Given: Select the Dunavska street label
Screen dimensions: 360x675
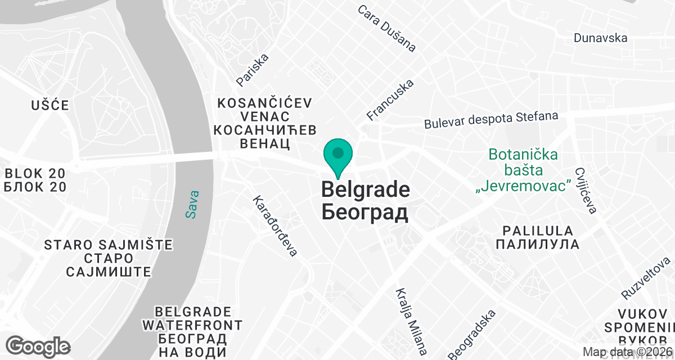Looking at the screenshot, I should coord(600,38).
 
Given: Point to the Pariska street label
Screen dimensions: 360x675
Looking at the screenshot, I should coord(253,70).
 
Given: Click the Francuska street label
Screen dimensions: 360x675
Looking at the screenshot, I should coord(390,100).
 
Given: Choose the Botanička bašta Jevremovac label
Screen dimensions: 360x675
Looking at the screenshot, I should coord(523,170).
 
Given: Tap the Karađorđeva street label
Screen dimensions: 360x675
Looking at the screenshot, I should coord(274,226).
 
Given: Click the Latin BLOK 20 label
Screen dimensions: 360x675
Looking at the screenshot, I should coord(35,173).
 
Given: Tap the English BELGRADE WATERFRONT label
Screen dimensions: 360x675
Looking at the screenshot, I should coord(192,318).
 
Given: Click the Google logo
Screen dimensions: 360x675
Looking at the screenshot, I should coord(38,345).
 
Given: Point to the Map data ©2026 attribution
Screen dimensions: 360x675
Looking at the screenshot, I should coord(627,352).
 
